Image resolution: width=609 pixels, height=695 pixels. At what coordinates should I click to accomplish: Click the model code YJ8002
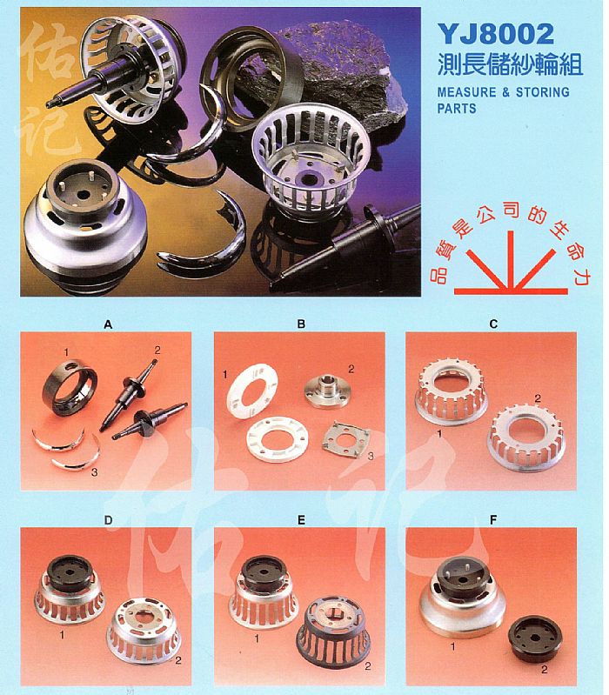496,34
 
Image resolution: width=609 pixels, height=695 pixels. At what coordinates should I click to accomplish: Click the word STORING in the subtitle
543,92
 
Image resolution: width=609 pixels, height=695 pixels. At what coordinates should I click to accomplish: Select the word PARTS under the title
457,108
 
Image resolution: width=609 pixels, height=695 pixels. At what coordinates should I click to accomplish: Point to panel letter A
108,324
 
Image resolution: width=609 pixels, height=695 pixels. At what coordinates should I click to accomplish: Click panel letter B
301,324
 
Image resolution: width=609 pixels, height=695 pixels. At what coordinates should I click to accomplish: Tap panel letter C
493,324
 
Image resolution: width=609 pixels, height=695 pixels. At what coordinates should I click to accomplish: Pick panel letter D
108,520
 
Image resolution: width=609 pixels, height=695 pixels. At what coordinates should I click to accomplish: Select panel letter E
301,520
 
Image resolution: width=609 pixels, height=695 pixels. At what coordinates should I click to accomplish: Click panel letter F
493,520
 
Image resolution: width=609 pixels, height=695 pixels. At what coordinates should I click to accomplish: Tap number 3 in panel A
94,472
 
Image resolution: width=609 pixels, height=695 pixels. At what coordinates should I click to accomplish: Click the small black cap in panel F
535,638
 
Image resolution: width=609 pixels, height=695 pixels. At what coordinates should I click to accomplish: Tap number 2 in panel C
538,399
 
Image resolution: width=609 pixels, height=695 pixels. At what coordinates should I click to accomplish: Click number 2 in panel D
177,660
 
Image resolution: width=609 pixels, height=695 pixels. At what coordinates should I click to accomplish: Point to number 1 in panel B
224,375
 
